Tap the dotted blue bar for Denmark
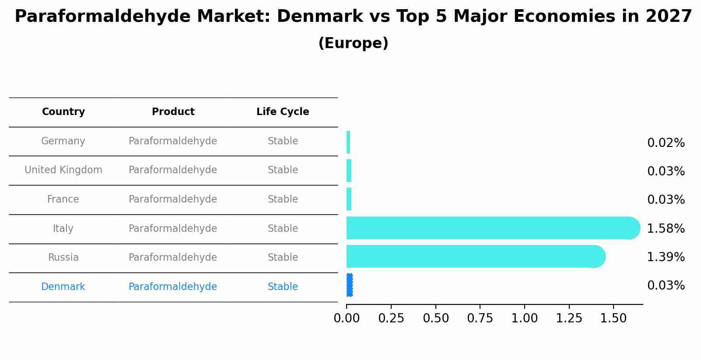coord(349,285)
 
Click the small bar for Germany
coord(348,142)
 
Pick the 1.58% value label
coord(666,228)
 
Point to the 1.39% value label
coord(666,257)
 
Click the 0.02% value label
coord(666,143)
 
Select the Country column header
coord(63,112)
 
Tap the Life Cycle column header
coord(283,112)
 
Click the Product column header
coord(173,112)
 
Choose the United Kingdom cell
coord(63,170)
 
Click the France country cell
coord(63,199)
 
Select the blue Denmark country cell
coord(63,287)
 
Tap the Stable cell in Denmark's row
coord(283,287)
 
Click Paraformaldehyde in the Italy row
coord(173,229)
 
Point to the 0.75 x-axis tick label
coord(480,318)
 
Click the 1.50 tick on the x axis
coord(613,318)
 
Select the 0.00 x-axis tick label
coord(347,318)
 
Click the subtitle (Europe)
coord(353,43)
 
